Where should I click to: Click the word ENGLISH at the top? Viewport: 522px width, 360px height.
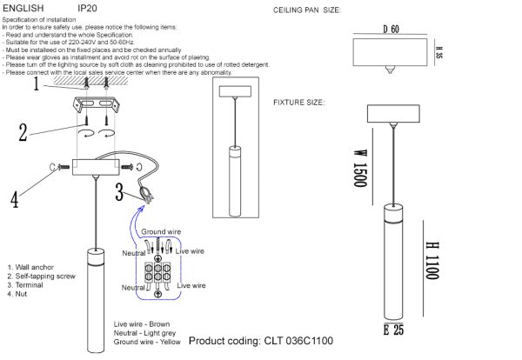(23, 8)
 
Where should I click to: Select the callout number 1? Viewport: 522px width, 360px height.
(37, 85)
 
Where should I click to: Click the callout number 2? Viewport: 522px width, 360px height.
(23, 131)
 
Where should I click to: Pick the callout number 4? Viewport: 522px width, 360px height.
(15, 199)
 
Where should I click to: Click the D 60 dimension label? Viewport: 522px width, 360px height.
(390, 30)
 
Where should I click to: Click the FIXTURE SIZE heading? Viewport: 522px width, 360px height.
(299, 103)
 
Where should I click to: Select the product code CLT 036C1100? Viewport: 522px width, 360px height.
(260, 342)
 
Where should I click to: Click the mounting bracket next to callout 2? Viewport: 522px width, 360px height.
(97, 108)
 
